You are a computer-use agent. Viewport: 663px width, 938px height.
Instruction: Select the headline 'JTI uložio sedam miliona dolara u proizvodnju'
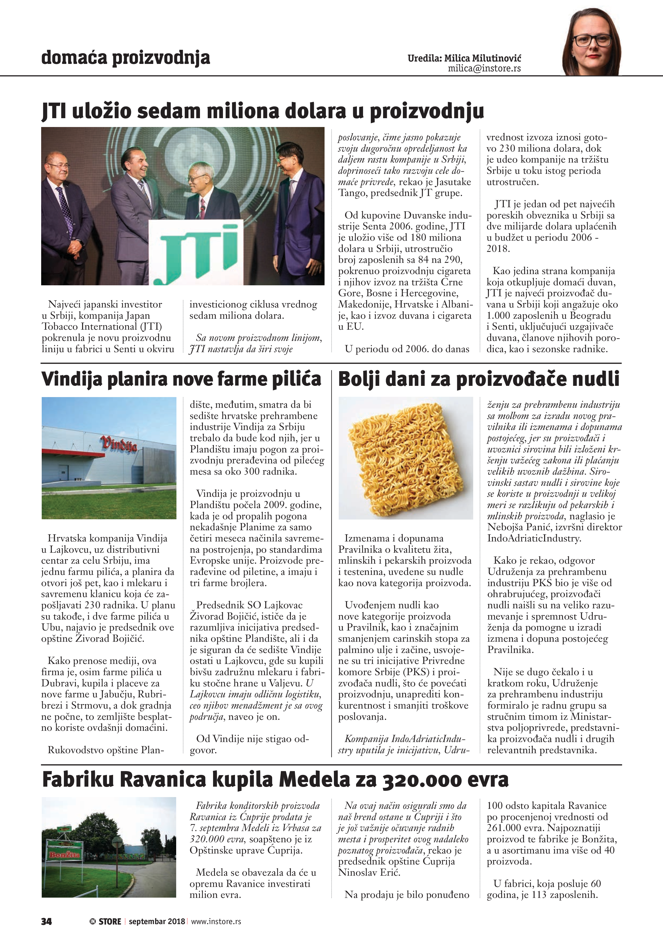click(263, 112)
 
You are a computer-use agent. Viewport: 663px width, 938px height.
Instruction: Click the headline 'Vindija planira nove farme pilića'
click(181, 379)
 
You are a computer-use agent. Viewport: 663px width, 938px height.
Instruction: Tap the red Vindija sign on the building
click(118, 443)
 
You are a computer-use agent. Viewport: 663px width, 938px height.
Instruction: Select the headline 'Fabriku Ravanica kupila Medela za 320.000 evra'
click(275, 779)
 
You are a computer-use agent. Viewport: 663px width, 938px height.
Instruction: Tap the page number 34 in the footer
click(47, 921)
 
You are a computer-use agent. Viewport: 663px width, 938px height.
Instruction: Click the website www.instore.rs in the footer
click(216, 921)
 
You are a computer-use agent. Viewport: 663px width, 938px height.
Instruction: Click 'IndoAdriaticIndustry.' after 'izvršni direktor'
click(534, 539)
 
